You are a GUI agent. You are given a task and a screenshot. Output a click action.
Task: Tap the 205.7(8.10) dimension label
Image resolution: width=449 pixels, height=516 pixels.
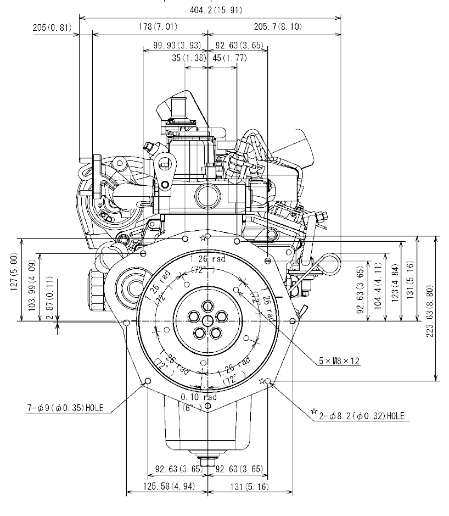pos(277,26)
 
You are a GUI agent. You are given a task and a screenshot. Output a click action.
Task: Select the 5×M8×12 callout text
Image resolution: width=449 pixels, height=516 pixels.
pos(340,362)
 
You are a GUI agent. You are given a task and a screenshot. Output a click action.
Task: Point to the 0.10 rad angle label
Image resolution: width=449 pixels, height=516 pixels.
pos(199,397)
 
